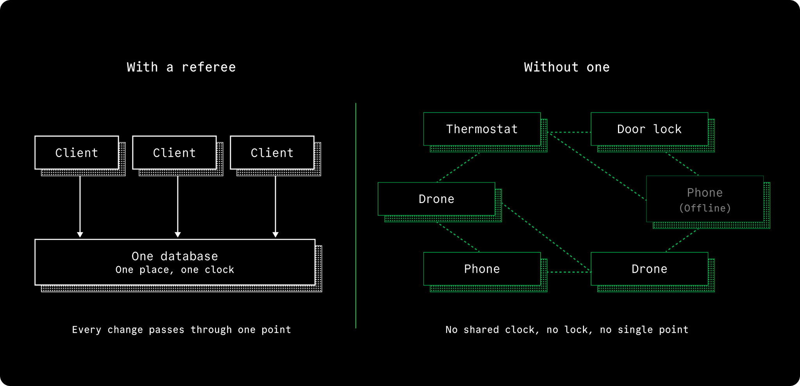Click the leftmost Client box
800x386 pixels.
point(77,153)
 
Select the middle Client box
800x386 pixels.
point(175,153)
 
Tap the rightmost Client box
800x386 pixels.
point(272,153)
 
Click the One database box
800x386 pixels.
point(175,262)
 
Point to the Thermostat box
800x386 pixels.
point(482,129)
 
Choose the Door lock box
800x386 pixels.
point(650,129)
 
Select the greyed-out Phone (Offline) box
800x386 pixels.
point(705,199)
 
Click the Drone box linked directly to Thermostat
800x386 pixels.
point(437,199)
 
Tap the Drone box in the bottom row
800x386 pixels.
point(650,269)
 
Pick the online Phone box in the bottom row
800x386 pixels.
point(482,269)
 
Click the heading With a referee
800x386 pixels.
point(181,67)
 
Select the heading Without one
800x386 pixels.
point(567,67)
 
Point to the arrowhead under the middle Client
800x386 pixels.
point(178,234)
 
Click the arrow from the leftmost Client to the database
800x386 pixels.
point(80,207)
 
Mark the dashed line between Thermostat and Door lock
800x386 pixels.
point(569,132)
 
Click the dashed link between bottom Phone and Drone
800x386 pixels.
point(569,272)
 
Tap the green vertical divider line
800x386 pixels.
point(356,216)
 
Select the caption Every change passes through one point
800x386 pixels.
point(182,330)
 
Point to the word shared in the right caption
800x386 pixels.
point(481,330)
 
